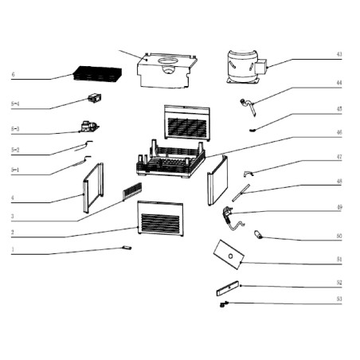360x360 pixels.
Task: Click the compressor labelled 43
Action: click(244, 64)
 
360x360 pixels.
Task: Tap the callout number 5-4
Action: click(15, 104)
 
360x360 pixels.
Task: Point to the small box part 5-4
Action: click(95, 99)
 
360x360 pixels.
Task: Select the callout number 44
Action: click(338, 83)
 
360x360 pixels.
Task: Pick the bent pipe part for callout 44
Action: click(248, 104)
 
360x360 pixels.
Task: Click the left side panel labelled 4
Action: click(93, 184)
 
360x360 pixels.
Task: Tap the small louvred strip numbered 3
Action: click(132, 191)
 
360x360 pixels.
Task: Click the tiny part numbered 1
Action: click(126, 248)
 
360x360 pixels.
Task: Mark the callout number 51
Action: click(338, 259)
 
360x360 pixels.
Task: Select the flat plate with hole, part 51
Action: click(229, 256)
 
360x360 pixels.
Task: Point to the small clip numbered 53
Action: click(221, 303)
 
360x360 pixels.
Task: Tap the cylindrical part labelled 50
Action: click(258, 235)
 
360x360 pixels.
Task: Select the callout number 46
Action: click(338, 132)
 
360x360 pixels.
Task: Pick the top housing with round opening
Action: click(166, 70)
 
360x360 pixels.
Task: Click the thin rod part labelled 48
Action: click(241, 191)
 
